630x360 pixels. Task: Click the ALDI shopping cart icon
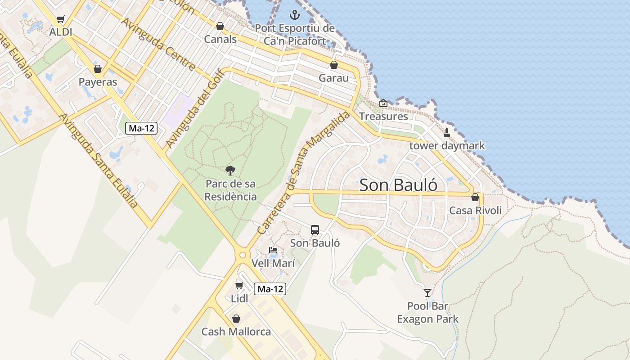click(61, 19)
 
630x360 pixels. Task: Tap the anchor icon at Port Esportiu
click(294, 15)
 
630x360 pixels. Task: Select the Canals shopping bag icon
click(220, 27)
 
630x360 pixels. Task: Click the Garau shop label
click(333, 78)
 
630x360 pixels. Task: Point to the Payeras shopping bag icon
click(98, 69)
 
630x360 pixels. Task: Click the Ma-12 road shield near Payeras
click(141, 128)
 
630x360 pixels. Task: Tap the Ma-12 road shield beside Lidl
click(270, 289)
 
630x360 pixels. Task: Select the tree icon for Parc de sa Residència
click(230, 171)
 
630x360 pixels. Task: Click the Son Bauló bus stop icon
click(315, 230)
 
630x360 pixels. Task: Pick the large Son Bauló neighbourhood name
click(398, 185)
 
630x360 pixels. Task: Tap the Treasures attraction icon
click(383, 103)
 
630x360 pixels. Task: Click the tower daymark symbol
click(447, 133)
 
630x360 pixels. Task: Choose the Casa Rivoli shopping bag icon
click(475, 197)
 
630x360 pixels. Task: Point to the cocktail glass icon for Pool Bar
click(427, 293)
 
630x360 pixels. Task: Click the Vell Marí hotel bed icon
click(273, 250)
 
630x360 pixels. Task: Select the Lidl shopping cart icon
click(239, 285)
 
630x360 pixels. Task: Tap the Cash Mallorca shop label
click(236, 332)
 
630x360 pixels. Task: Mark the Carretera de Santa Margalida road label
click(303, 173)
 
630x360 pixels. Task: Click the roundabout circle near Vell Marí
click(243, 255)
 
